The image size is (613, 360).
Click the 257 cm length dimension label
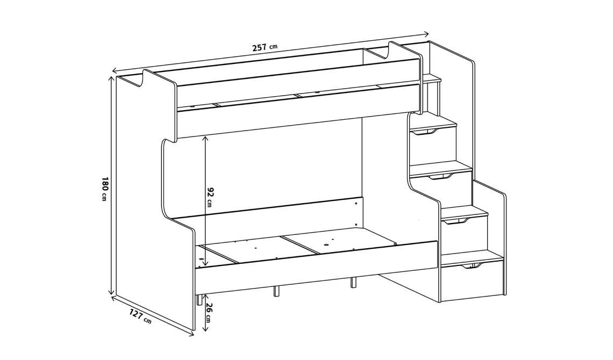265,47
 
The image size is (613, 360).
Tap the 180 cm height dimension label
104,189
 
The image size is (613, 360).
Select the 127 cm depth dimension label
139,316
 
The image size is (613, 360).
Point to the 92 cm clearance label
210,197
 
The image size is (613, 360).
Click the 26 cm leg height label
209,313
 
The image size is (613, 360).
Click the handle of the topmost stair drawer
425,132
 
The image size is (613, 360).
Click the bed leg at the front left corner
199,299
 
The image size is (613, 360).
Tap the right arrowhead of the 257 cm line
426,34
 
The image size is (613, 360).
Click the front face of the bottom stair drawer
472,282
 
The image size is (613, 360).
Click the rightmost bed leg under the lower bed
353,283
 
